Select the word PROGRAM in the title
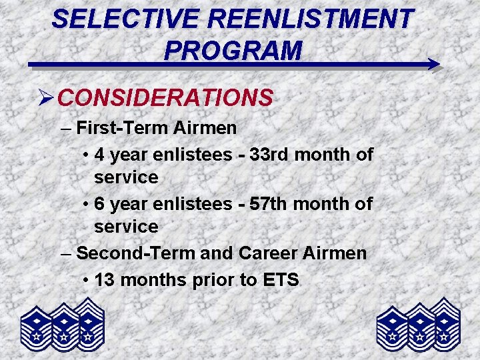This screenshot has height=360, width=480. pyautogui.click(x=233, y=49)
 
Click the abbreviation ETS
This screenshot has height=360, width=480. pyautogui.click(x=281, y=280)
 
